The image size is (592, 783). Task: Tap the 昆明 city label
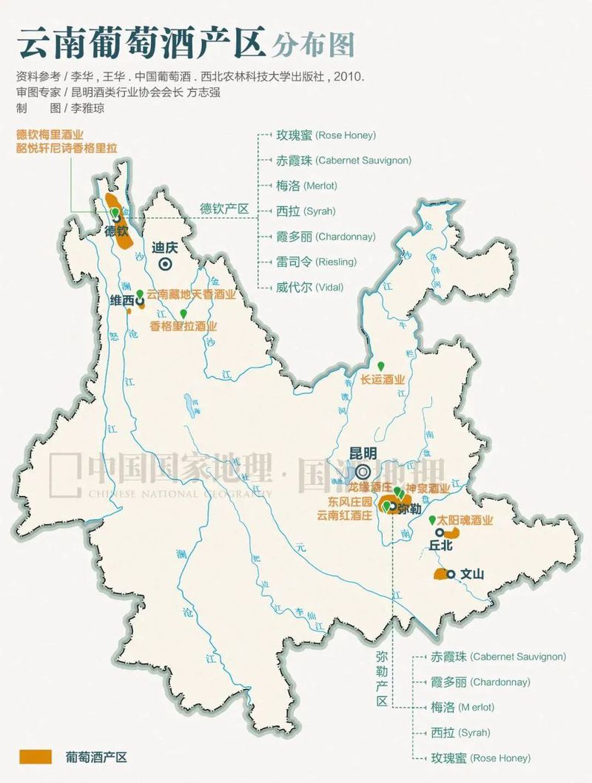(363, 452)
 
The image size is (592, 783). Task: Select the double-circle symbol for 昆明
(363, 471)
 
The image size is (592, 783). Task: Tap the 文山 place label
(471, 573)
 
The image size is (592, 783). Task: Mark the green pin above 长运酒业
(382, 366)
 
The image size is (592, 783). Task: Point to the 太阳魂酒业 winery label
(465, 520)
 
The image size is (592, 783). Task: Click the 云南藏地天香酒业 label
(191, 294)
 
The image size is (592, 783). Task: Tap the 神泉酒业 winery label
(428, 489)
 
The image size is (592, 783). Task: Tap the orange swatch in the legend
(36, 757)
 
